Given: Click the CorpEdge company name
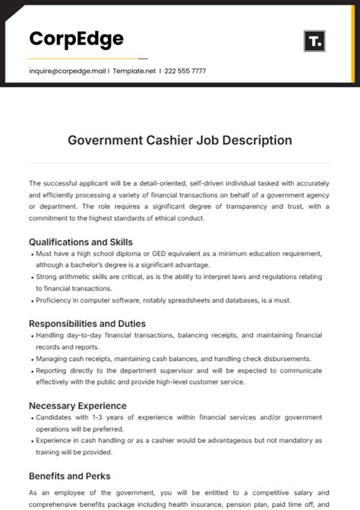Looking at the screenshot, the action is [76, 39].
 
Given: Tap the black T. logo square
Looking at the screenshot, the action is [314, 41].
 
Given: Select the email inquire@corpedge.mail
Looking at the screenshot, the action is [67, 71].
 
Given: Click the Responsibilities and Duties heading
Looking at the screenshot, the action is [87, 323].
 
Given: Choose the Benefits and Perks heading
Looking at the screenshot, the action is [70, 476].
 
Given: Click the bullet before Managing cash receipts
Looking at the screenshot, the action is [31, 358].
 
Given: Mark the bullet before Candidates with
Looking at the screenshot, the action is [31, 417].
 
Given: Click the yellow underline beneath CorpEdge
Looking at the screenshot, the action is [82, 58].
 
